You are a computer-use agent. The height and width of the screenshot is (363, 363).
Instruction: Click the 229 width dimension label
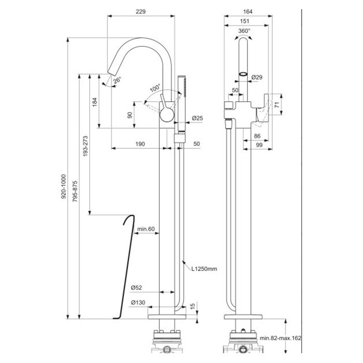141,11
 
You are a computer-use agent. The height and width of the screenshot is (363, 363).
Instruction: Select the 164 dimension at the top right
248,11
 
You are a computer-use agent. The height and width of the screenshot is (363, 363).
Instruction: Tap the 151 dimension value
244,21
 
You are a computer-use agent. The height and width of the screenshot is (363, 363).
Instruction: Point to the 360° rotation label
244,31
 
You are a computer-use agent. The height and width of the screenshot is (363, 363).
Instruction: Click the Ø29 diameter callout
257,77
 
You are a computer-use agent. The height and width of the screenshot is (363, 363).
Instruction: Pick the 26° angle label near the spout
117,80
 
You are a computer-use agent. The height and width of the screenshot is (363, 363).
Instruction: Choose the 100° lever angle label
155,88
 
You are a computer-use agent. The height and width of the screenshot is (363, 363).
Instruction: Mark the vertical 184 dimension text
95,102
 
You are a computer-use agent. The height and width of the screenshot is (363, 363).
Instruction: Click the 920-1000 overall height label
63,187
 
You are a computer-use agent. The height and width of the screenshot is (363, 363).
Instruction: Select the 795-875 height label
75,191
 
